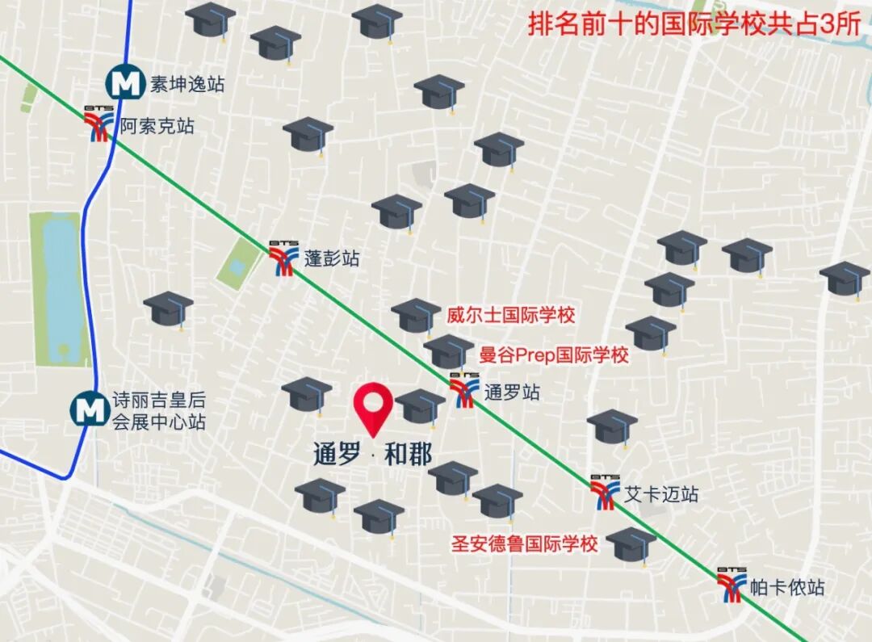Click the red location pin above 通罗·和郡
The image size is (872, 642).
[x=373, y=408]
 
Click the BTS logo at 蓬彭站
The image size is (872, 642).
[x=284, y=258]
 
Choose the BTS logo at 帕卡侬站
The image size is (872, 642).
[x=732, y=584]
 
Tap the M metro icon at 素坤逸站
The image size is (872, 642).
[x=125, y=82]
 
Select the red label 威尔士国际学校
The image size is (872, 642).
[x=511, y=315]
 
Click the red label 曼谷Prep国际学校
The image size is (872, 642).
[x=554, y=355]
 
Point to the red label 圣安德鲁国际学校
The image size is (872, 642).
[x=524, y=543]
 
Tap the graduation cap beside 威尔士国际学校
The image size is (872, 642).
[x=416, y=315]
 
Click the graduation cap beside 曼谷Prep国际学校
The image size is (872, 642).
[x=448, y=351]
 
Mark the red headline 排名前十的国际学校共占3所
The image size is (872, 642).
[x=695, y=24]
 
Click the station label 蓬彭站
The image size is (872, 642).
[x=332, y=258]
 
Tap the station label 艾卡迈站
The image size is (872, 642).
[x=661, y=494]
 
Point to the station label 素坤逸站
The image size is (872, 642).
[x=187, y=83]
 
